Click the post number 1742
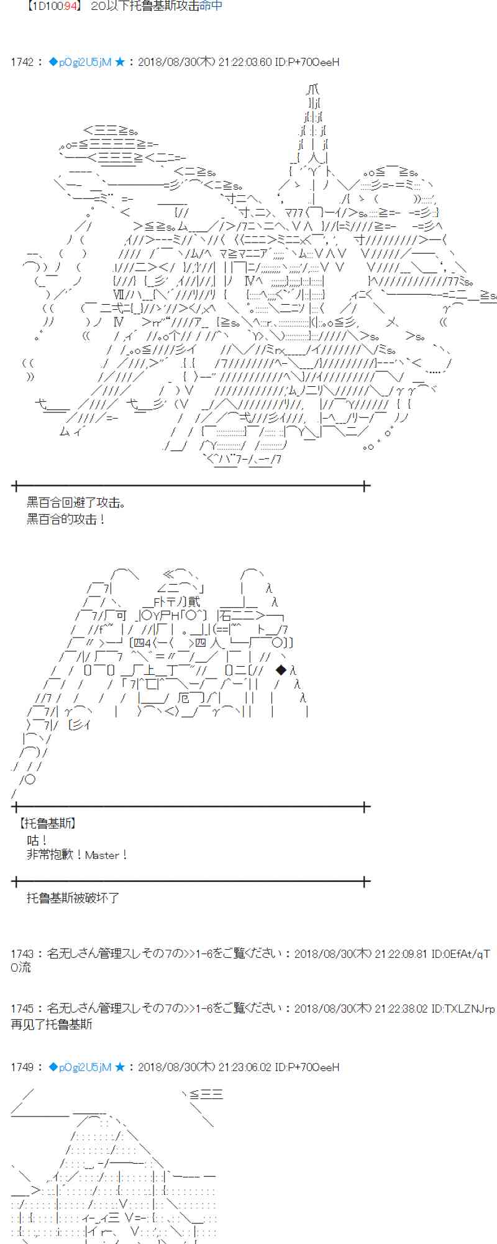click(22, 62)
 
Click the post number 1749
click(22, 1067)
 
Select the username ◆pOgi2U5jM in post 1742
click(80, 62)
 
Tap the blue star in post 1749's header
click(120, 1067)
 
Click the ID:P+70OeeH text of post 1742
click(307, 62)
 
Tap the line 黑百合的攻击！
click(66, 519)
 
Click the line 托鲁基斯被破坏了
click(73, 898)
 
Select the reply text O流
click(21, 967)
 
